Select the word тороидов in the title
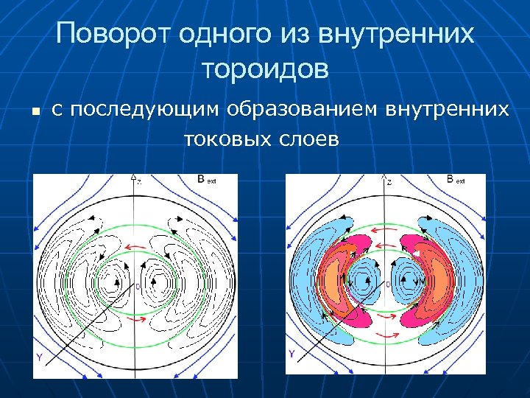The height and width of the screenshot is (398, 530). pos(264,71)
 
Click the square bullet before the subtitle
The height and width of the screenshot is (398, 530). pos(34,112)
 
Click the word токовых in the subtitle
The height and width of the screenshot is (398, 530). pos(227,138)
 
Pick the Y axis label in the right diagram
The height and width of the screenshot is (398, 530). pos(292,355)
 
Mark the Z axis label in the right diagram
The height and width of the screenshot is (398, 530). pos(389,181)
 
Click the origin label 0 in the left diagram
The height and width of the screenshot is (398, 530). pos(138,286)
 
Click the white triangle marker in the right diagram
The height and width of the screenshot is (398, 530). pos(417,254)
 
